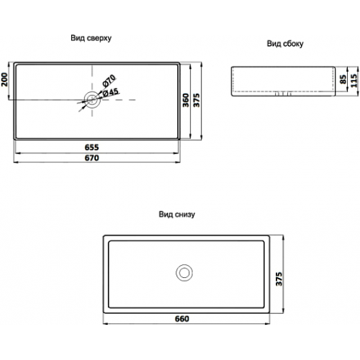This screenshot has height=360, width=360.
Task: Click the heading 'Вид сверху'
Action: [x=91, y=38]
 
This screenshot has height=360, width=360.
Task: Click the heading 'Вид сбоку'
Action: [x=285, y=44]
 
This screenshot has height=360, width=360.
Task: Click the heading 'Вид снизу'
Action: [x=177, y=214]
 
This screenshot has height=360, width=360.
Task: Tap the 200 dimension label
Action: [x=4, y=79]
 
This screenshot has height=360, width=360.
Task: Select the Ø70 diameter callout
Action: [x=109, y=81]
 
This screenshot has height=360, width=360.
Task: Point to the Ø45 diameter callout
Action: [x=110, y=93]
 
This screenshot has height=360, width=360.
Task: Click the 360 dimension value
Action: [x=186, y=100]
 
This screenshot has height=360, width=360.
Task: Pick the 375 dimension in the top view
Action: [x=196, y=100]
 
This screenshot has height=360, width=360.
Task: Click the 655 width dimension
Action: [x=91, y=147]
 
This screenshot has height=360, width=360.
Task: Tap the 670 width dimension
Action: [x=91, y=158]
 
